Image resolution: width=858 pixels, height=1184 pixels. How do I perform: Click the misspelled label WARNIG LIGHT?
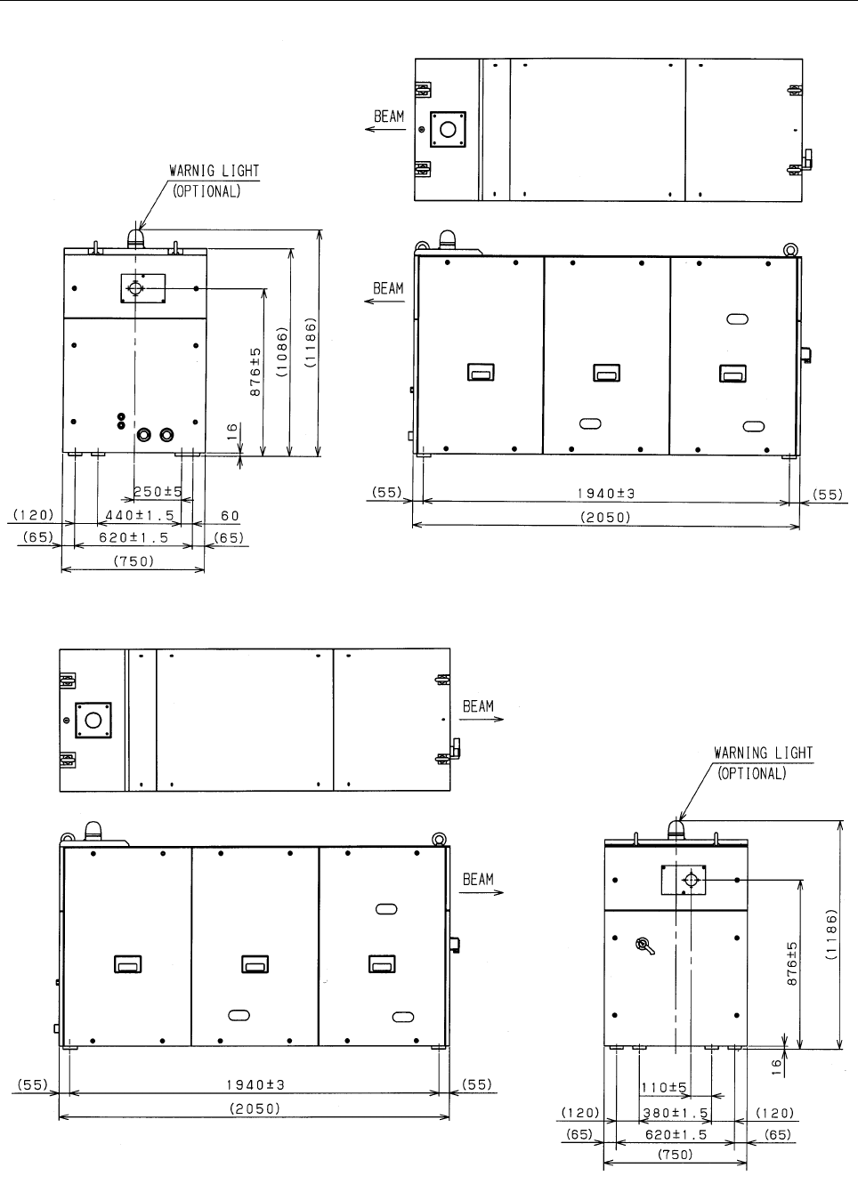[x=214, y=171]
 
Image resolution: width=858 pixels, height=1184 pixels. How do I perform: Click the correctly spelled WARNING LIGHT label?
[x=764, y=753]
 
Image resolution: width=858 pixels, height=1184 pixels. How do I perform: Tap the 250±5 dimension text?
[x=158, y=492]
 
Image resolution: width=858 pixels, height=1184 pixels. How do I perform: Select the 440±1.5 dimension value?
[x=140, y=515]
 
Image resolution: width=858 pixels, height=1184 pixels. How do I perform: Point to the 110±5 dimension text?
[x=664, y=1087]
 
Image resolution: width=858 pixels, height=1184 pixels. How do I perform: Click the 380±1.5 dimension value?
[x=676, y=1113]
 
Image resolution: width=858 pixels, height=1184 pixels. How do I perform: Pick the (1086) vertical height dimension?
[x=282, y=351]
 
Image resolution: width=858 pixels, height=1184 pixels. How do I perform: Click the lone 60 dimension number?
[x=231, y=515]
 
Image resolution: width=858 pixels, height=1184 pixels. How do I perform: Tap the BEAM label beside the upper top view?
[x=389, y=117]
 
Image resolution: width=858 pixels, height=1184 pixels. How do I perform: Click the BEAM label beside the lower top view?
[x=478, y=706]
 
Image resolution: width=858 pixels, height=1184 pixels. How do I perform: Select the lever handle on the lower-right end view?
[x=644, y=946]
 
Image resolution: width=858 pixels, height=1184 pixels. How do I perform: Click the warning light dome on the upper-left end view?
[x=136, y=238]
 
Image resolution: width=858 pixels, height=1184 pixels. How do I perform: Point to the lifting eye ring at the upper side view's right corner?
[x=791, y=249]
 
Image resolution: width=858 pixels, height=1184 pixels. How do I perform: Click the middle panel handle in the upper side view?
[x=607, y=373]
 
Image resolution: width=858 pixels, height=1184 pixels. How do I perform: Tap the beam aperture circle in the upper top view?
[x=448, y=130]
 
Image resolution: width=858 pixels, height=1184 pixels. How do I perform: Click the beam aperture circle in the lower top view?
[x=93, y=720]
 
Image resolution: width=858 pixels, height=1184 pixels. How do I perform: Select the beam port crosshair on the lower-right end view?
[x=691, y=880]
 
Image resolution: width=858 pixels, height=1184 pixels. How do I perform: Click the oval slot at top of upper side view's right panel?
[x=737, y=318]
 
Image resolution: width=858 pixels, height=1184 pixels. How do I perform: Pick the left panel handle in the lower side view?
[x=128, y=963]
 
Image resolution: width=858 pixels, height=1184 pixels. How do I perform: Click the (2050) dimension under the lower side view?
[x=255, y=1108]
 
